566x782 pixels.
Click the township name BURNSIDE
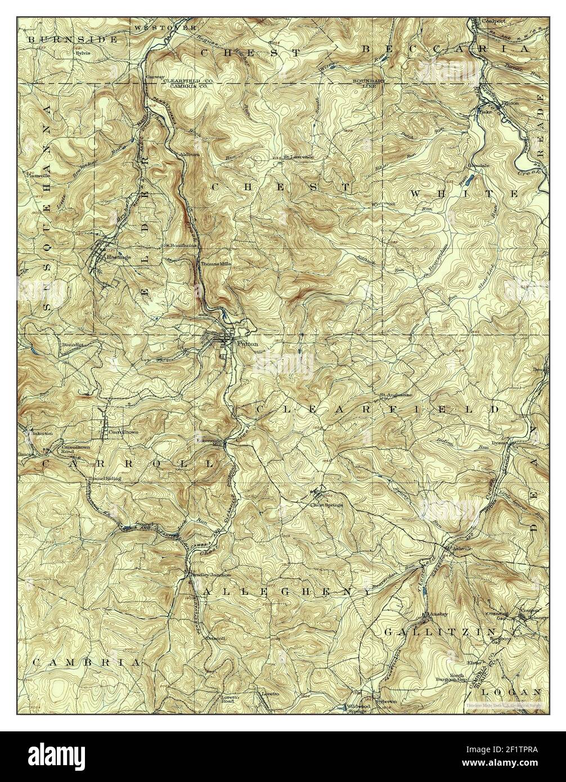coord(73,39)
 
